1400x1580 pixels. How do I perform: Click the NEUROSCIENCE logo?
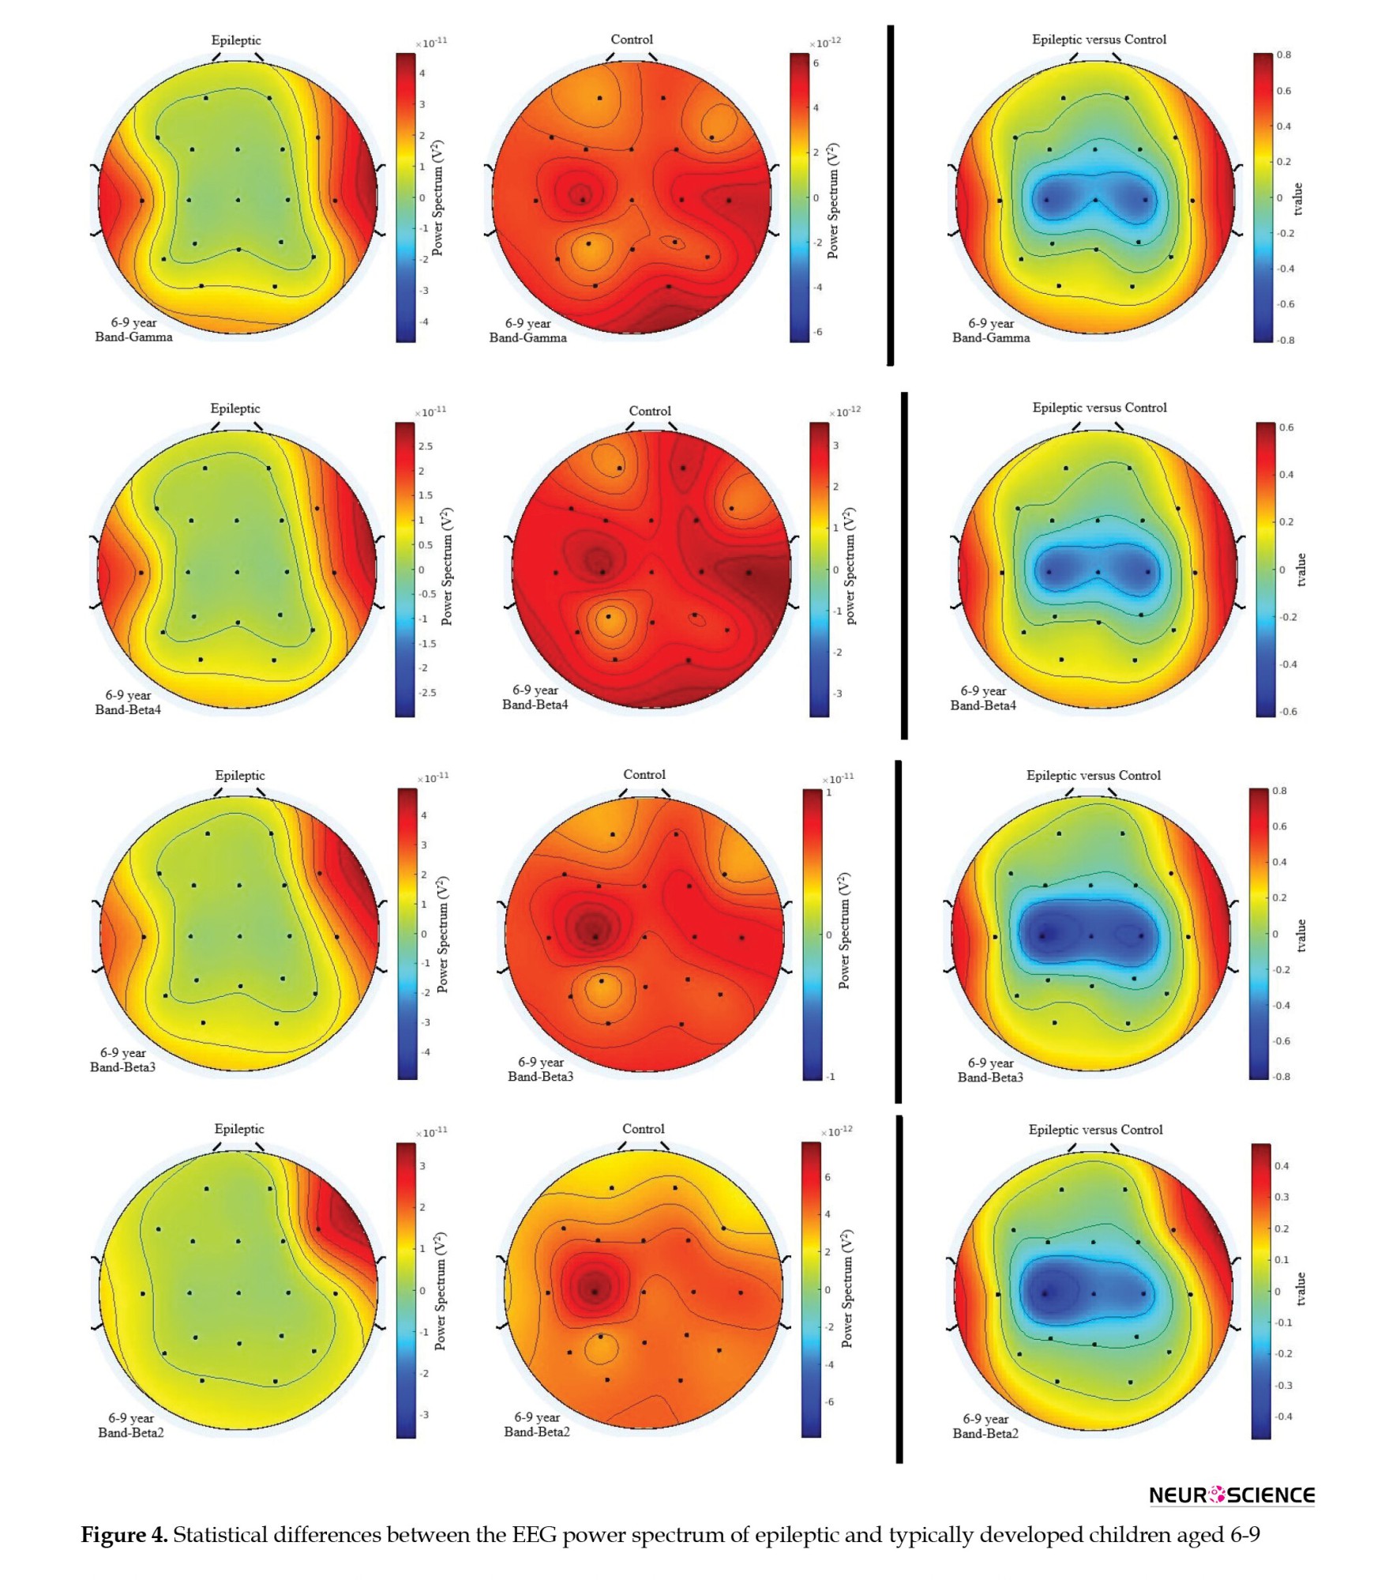coord(1231,1495)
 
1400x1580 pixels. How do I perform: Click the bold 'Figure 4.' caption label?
coord(124,1535)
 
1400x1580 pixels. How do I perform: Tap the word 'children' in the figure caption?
coord(1129,1535)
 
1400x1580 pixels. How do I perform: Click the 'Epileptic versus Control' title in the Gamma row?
coord(1098,39)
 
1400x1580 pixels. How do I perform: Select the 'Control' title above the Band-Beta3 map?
coord(644,774)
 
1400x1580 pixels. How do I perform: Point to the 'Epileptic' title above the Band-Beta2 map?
coord(239,1129)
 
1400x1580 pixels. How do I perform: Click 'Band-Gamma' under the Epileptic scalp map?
coord(133,337)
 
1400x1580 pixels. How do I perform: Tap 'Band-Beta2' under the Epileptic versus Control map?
coord(985,1433)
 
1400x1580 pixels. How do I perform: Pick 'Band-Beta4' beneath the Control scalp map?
coord(535,705)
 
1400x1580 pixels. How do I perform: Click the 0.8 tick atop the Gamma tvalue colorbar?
coord(1284,55)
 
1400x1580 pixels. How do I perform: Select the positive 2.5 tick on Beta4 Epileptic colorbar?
coord(426,446)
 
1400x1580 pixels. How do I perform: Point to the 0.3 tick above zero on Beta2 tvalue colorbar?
coord(1282,1197)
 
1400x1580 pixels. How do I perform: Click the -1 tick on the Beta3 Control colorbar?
coord(830,1077)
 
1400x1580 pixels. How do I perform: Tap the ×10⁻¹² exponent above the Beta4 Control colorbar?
coord(846,412)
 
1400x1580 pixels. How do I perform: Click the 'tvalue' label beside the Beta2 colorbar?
coord(1301,1289)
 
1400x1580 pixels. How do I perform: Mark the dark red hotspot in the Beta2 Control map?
coord(594,1288)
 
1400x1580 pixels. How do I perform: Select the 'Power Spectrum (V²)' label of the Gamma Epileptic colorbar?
coord(437,198)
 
